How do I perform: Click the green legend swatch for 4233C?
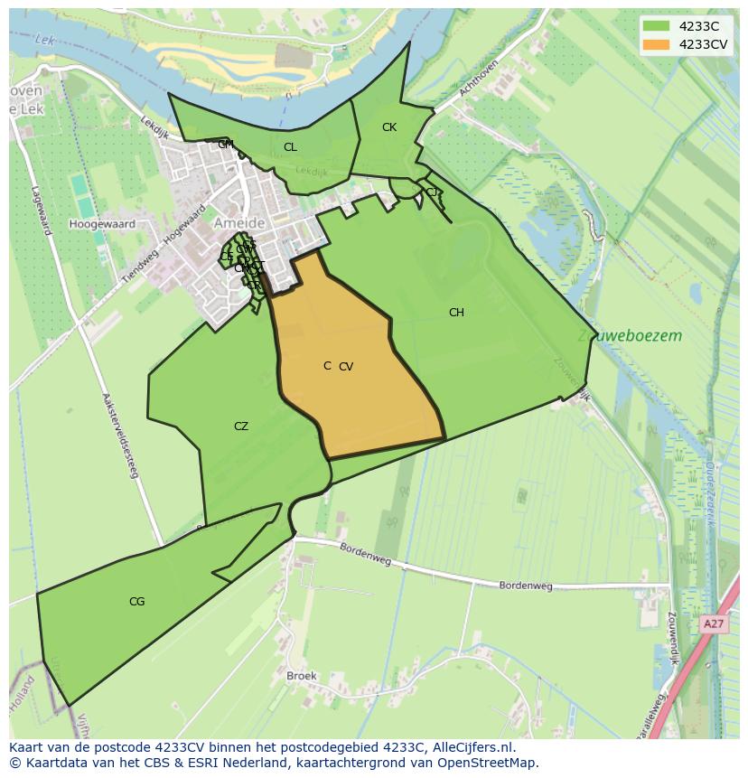pyautogui.click(x=656, y=26)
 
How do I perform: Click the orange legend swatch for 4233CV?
pyautogui.click(x=656, y=44)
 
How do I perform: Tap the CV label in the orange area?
pyautogui.click(x=346, y=367)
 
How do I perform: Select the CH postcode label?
pyautogui.click(x=456, y=313)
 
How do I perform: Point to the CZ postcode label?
pyautogui.click(x=241, y=426)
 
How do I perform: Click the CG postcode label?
pyautogui.click(x=136, y=602)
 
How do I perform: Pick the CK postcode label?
pyautogui.click(x=389, y=127)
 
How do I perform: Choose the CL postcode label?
pyautogui.click(x=290, y=147)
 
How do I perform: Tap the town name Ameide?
pyautogui.click(x=239, y=223)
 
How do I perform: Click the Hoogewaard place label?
pyautogui.click(x=102, y=224)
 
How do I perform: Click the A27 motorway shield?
pyautogui.click(x=714, y=624)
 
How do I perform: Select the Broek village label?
pyautogui.click(x=301, y=676)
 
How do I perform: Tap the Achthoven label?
pyautogui.click(x=479, y=78)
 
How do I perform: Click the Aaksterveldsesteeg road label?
pyautogui.click(x=120, y=435)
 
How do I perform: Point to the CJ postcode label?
pyautogui.click(x=432, y=192)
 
